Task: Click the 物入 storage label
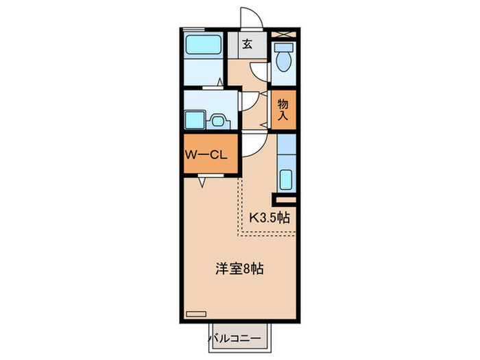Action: click(283, 109)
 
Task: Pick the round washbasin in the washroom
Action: click(220, 121)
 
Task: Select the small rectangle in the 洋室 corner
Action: click(196, 314)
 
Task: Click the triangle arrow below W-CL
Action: click(204, 182)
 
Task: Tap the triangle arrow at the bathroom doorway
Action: click(219, 84)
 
